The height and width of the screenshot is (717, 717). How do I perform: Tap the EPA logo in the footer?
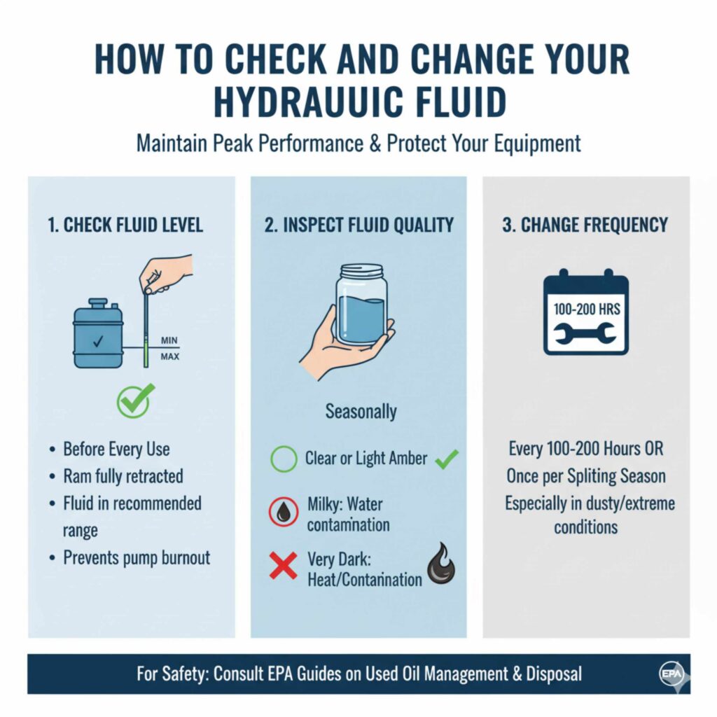(x=669, y=674)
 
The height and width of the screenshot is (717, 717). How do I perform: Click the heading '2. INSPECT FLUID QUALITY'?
(x=359, y=225)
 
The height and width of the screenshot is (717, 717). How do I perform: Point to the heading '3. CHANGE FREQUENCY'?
(x=586, y=225)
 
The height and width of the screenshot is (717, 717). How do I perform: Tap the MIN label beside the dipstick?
(x=169, y=340)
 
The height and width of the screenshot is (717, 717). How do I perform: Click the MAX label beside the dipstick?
(x=170, y=357)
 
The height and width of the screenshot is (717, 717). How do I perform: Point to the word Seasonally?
(x=361, y=411)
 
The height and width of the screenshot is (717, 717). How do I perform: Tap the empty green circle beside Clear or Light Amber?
(x=284, y=460)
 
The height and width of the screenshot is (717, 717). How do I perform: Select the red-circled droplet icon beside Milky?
(x=284, y=513)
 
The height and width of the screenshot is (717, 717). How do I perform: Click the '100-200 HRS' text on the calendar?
(x=586, y=308)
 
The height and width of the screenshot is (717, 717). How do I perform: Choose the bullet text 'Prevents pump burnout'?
(x=137, y=557)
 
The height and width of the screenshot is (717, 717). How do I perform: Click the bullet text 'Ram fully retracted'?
(x=123, y=476)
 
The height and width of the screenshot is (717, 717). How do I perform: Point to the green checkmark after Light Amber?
(x=447, y=459)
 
